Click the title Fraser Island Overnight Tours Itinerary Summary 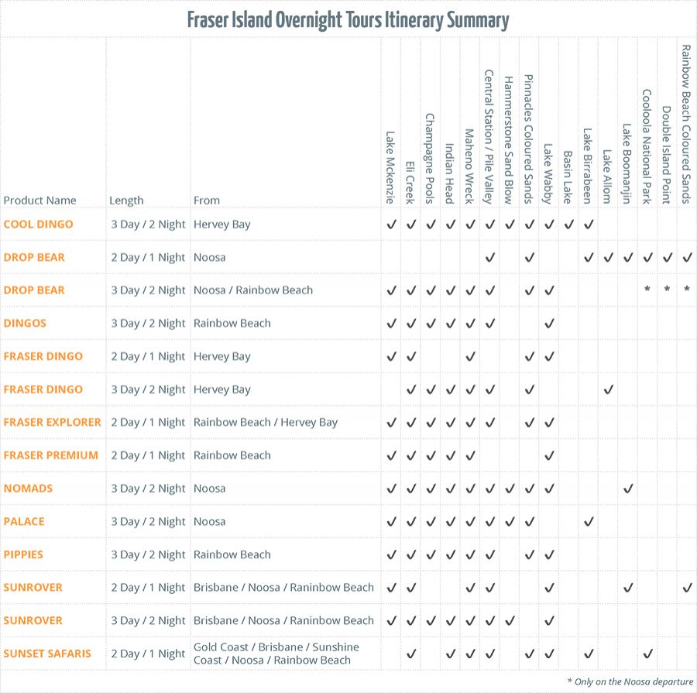click(x=348, y=19)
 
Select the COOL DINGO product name click(x=38, y=225)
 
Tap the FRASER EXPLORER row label click(x=52, y=423)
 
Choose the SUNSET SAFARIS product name click(x=47, y=654)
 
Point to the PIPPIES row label click(x=23, y=554)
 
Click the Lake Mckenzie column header click(x=390, y=167)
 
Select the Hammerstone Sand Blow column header click(x=509, y=139)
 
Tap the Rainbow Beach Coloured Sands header click(x=686, y=124)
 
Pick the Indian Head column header click(x=450, y=173)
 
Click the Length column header click(x=126, y=201)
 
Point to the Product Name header click(x=39, y=201)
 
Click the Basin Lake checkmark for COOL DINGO click(x=568, y=225)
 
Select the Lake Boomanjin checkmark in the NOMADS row click(x=628, y=489)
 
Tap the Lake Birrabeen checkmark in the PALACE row click(x=588, y=522)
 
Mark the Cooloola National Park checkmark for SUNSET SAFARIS click(x=647, y=654)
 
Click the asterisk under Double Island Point click(x=667, y=290)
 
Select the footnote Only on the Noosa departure click(x=630, y=681)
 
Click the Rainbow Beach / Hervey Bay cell click(x=266, y=423)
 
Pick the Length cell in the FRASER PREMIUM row click(x=148, y=455)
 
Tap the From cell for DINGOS click(x=232, y=324)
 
